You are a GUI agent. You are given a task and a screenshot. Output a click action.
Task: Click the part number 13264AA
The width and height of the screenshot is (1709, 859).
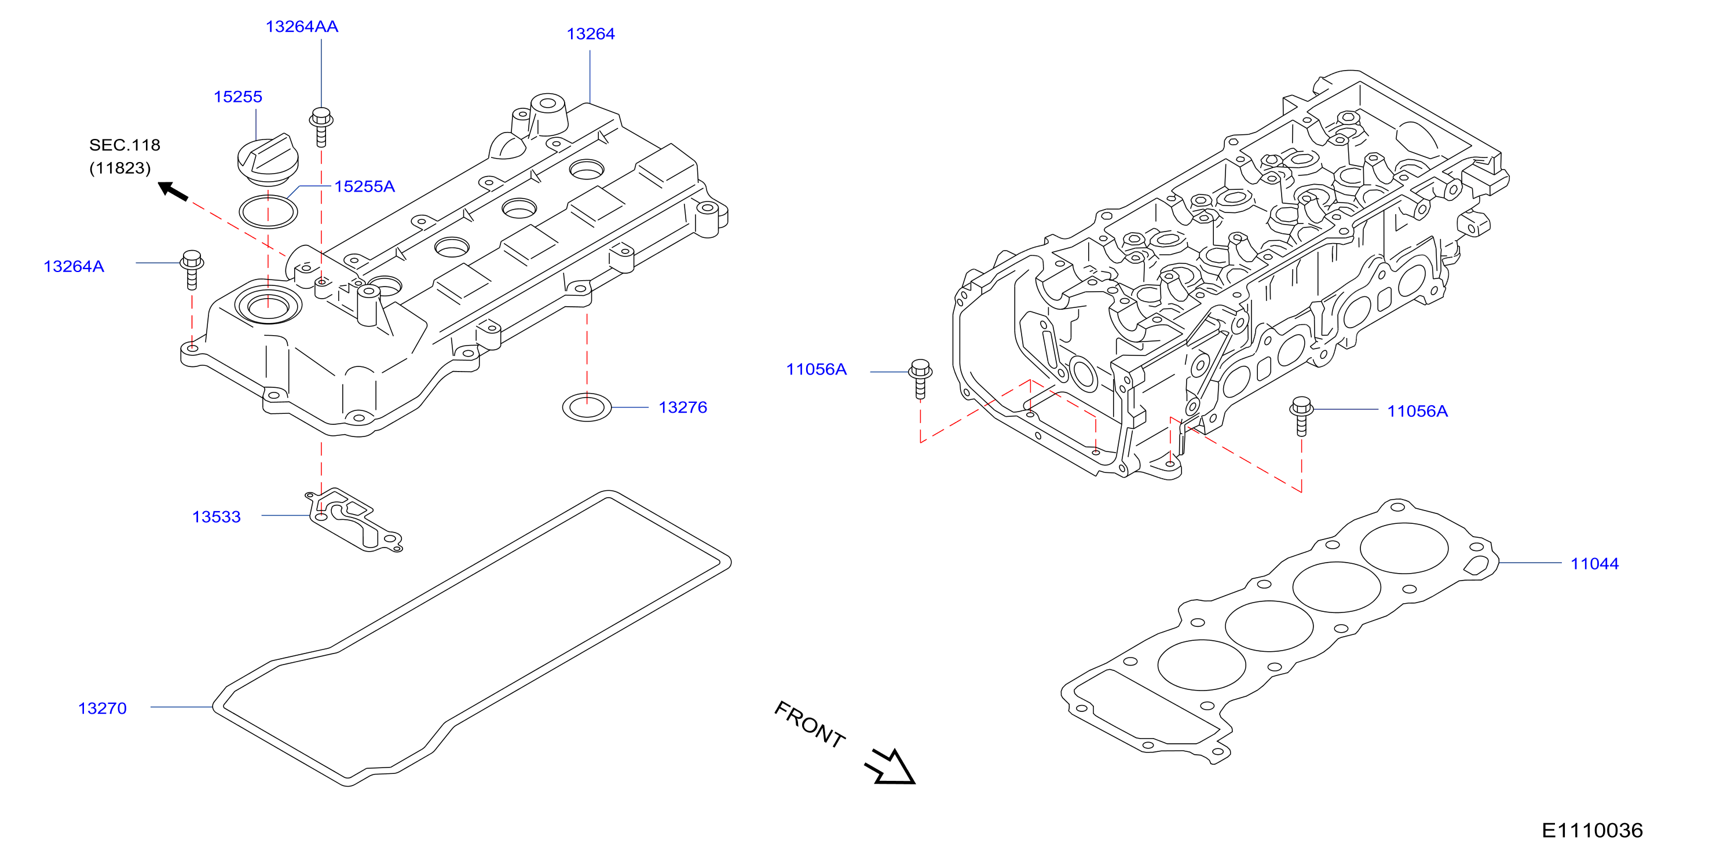(302, 27)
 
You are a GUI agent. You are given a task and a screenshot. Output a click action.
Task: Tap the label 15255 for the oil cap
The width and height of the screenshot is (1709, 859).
(237, 97)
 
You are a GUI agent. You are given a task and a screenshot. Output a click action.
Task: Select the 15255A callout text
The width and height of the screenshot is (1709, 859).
(364, 186)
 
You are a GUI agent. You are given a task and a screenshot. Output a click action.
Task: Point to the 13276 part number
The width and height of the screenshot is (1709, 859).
(683, 408)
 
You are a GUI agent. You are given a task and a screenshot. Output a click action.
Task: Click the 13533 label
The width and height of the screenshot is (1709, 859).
(216, 517)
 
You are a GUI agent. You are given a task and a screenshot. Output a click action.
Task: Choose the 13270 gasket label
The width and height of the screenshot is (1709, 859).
(102, 709)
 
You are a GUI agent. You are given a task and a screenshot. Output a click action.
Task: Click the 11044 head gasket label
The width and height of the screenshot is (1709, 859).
(1594, 564)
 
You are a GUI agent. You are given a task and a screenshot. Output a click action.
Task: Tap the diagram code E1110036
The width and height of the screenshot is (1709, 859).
(1592, 831)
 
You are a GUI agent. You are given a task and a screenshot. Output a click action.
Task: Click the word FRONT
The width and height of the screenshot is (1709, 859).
(810, 724)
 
